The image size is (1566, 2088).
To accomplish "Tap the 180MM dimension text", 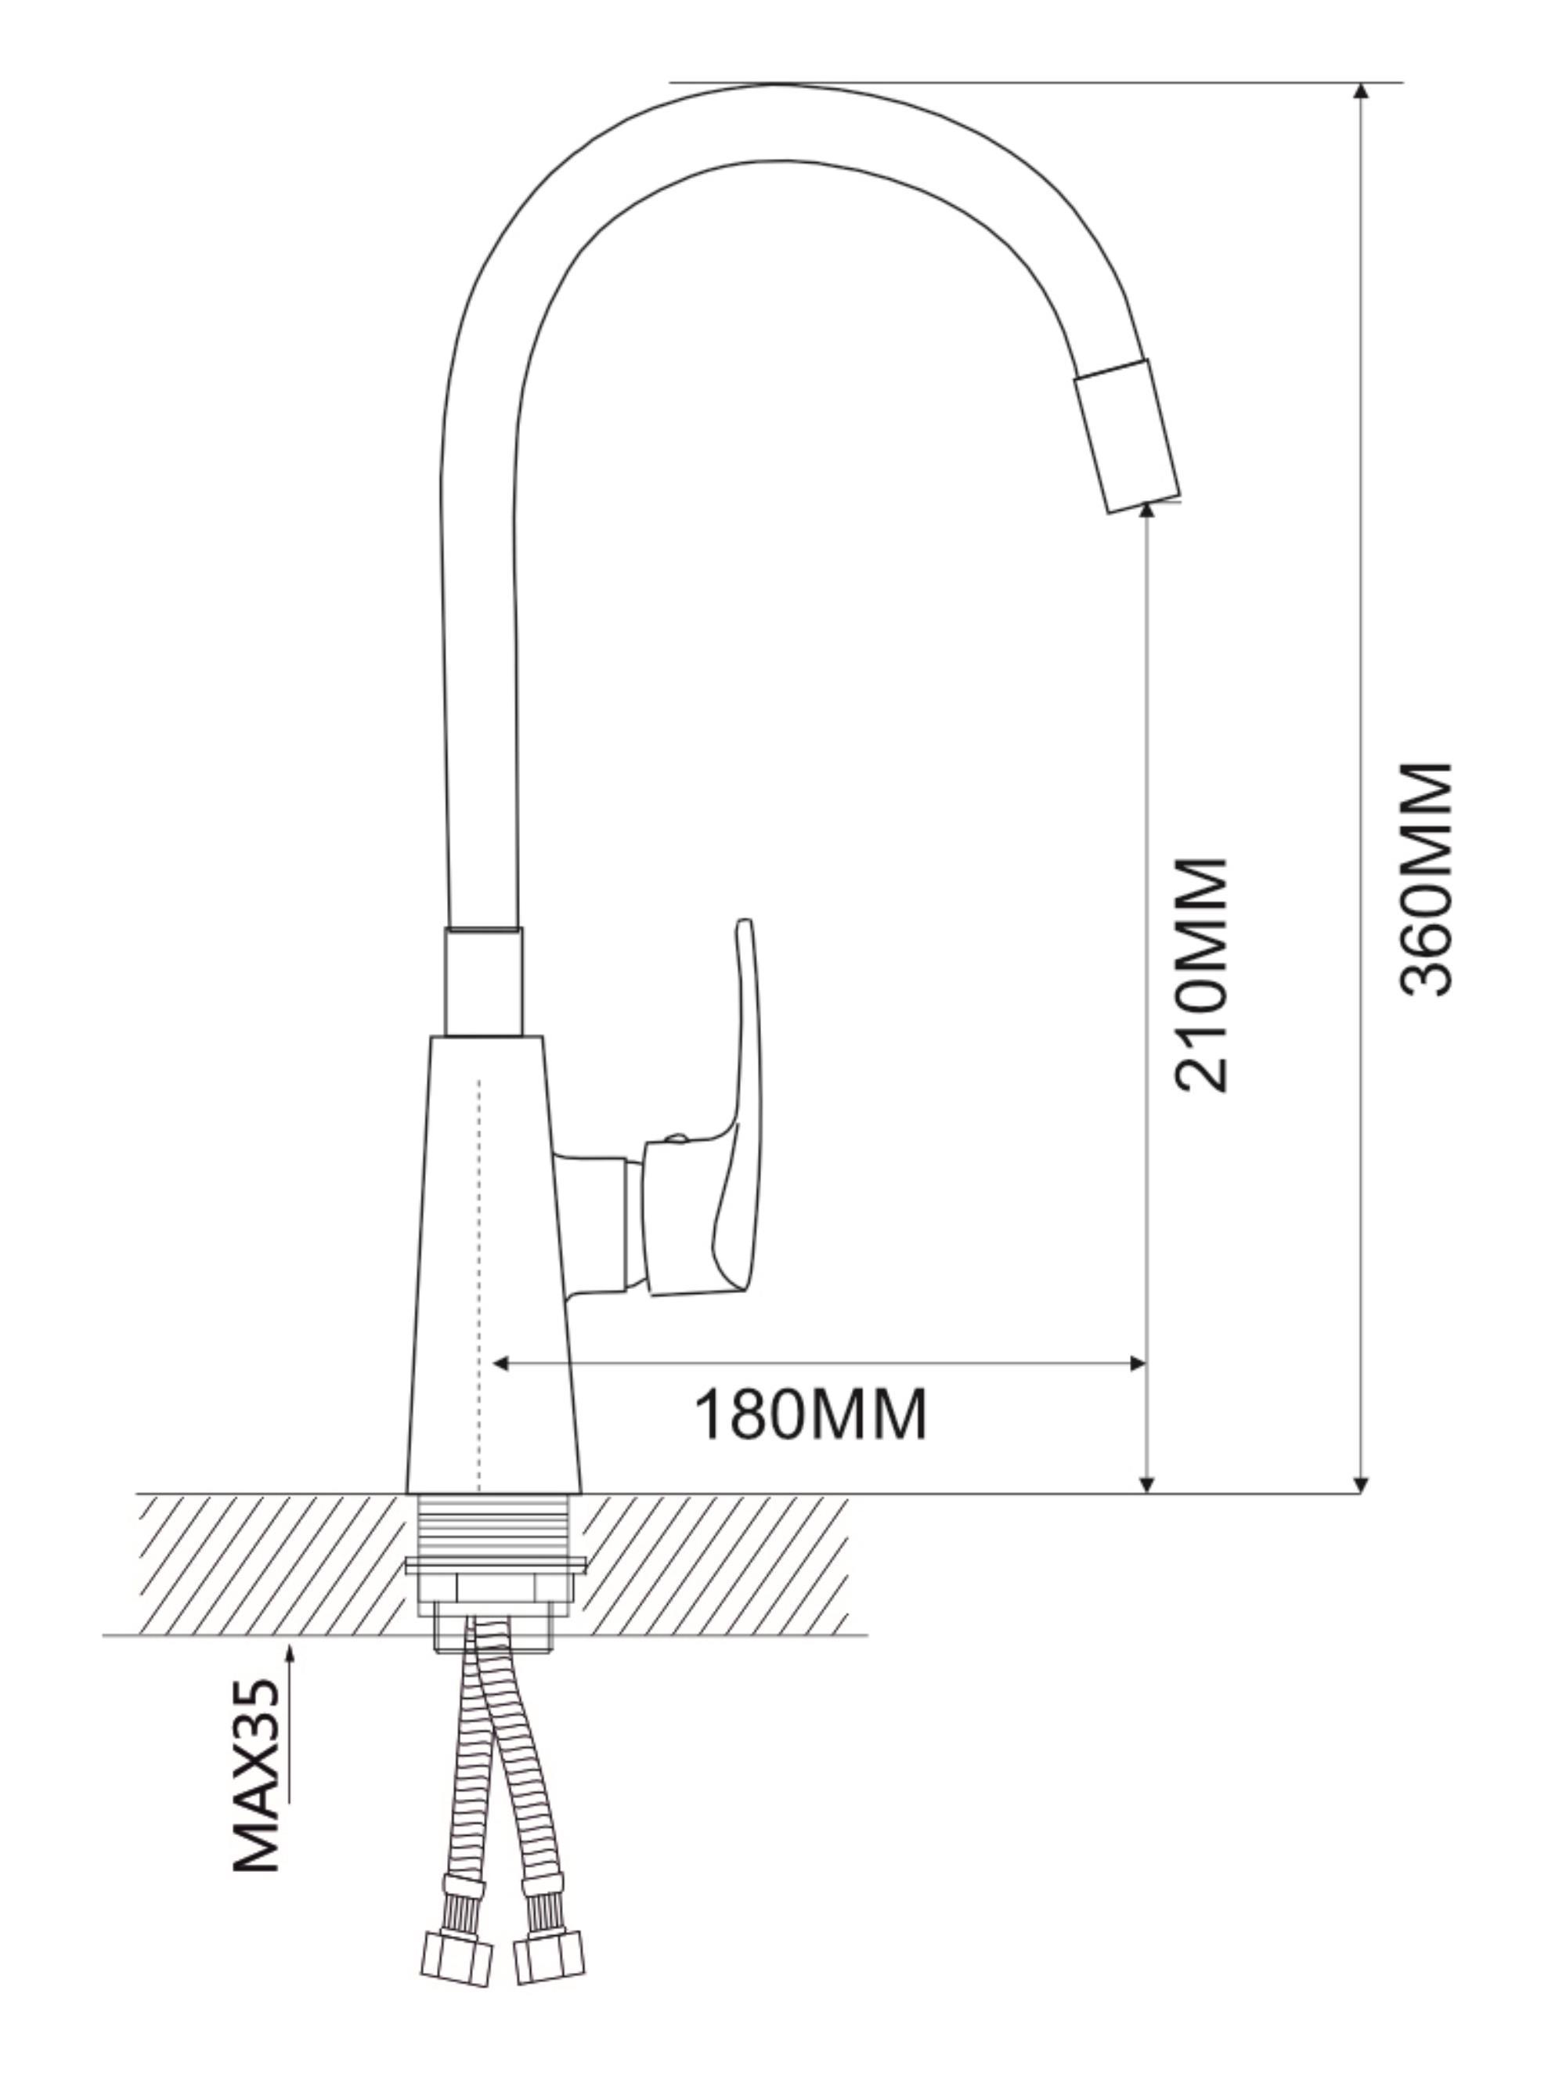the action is click(810, 1413).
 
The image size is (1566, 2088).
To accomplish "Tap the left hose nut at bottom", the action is click(456, 1955).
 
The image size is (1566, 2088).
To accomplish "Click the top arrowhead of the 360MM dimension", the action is click(1360, 92).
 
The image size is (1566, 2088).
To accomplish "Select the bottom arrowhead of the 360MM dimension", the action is click(1360, 1485).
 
